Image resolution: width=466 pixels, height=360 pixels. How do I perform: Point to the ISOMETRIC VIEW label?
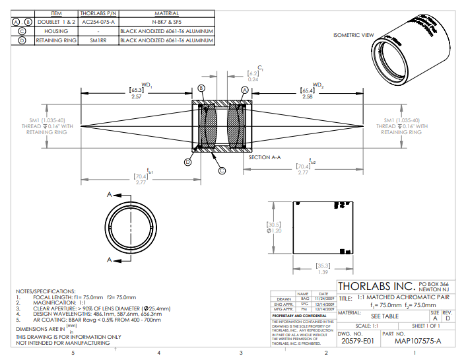(353, 35)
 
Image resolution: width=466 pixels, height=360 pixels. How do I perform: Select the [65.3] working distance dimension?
(137, 90)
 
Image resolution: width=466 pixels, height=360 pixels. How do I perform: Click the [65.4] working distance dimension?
(308, 90)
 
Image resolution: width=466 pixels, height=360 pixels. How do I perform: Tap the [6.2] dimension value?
(253, 73)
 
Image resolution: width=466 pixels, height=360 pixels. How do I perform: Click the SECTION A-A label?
(265, 158)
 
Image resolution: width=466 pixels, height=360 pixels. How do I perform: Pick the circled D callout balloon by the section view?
(187, 161)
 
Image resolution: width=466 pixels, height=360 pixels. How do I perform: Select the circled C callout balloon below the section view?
(222, 170)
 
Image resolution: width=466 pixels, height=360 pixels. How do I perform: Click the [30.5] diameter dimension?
(274, 224)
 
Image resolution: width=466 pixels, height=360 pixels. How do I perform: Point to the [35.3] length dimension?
(324, 266)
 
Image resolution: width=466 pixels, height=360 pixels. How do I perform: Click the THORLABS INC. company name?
(376, 287)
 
